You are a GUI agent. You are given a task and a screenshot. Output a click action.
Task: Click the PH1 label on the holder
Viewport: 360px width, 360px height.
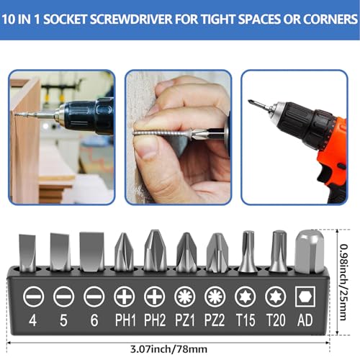tap(125, 320)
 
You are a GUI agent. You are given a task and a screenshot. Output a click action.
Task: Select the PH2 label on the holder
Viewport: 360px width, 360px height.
tap(155, 320)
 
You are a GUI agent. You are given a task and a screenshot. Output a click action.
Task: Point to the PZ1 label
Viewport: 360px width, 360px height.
tap(185, 320)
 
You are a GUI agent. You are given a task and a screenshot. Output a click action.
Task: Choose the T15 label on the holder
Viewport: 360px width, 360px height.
tap(246, 320)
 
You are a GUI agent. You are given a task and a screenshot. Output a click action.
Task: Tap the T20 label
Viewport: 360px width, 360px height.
tap(276, 320)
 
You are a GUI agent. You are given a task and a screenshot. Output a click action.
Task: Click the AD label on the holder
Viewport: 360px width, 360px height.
tap(305, 320)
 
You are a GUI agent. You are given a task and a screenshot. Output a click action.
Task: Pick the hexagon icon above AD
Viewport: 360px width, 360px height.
tap(305, 297)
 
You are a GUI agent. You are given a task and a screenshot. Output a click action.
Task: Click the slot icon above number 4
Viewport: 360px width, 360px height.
tap(33, 297)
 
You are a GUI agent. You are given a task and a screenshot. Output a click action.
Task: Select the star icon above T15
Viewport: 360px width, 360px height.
tap(246, 297)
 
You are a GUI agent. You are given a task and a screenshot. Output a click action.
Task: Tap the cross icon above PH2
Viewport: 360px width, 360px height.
tap(155, 297)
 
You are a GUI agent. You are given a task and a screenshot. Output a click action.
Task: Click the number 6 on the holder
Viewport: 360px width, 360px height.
tap(94, 320)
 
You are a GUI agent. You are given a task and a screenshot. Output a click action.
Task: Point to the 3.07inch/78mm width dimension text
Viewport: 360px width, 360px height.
tap(168, 349)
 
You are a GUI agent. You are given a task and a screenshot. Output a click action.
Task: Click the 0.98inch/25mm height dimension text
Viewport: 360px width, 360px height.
tap(343, 282)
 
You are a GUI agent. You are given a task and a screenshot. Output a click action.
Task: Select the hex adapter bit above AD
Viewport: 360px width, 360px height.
tap(310, 251)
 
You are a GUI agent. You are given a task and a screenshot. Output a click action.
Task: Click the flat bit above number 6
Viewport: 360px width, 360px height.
tap(92, 251)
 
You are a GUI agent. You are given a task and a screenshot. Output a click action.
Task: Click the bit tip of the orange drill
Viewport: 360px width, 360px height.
tap(250, 101)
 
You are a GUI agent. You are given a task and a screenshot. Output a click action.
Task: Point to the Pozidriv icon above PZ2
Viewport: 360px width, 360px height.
tap(215, 297)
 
